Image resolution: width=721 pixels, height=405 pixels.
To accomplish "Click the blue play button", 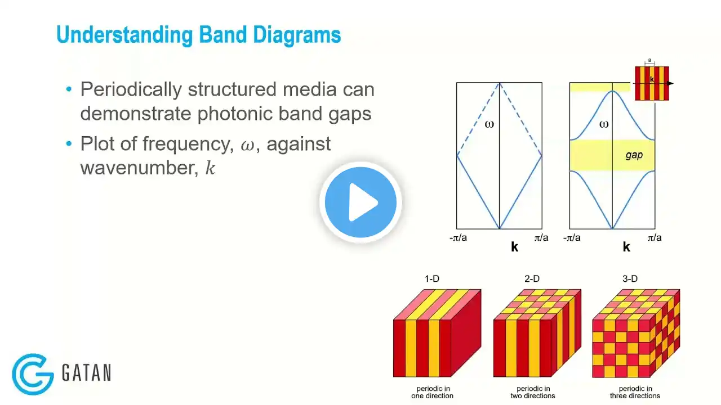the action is point(360,202).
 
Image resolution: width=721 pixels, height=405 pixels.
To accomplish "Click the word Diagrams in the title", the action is point(297,35).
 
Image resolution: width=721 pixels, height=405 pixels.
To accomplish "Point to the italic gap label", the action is point(634,155).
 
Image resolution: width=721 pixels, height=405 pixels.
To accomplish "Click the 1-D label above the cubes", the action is point(431,278).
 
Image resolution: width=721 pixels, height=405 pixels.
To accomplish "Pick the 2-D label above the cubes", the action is point(532,278).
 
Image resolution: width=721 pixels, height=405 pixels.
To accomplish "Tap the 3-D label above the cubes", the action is point(630,278).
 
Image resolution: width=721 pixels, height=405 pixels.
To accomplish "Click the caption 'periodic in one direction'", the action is point(432,392).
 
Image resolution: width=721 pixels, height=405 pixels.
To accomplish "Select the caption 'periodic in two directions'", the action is point(533,392).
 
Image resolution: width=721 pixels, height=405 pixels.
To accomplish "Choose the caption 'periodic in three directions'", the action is point(635,392).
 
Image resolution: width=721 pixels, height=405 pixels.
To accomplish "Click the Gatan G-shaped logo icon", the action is point(33,374).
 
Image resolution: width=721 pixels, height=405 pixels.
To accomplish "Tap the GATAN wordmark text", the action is point(87,372).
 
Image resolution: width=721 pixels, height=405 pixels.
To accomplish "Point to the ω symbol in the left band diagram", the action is point(489,124).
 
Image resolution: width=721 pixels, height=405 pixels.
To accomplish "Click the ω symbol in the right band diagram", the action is point(604,124).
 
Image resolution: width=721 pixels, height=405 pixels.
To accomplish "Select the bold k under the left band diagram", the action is point(515,247).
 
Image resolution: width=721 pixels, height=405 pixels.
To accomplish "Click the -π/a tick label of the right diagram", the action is point(572,237).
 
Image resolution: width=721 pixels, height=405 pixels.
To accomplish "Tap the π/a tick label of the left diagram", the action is point(541,237).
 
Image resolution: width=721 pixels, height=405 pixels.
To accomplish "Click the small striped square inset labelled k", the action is point(652,83).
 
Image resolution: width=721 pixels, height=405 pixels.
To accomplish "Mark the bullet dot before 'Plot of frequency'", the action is point(69,143).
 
